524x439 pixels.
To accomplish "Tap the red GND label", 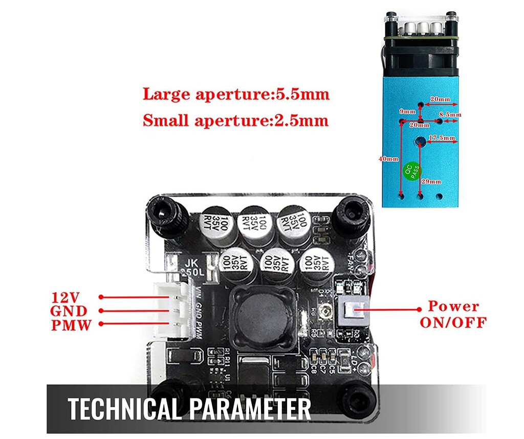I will click(x=69, y=311).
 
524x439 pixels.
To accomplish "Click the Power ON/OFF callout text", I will click(x=453, y=314).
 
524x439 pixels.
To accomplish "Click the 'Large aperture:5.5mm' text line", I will click(x=236, y=95).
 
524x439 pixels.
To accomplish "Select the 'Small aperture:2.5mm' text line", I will click(x=235, y=121).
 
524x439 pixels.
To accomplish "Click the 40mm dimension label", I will click(x=388, y=158).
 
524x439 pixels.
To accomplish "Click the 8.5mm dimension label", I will click(x=452, y=115).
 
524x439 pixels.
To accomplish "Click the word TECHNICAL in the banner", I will click(x=126, y=409).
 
